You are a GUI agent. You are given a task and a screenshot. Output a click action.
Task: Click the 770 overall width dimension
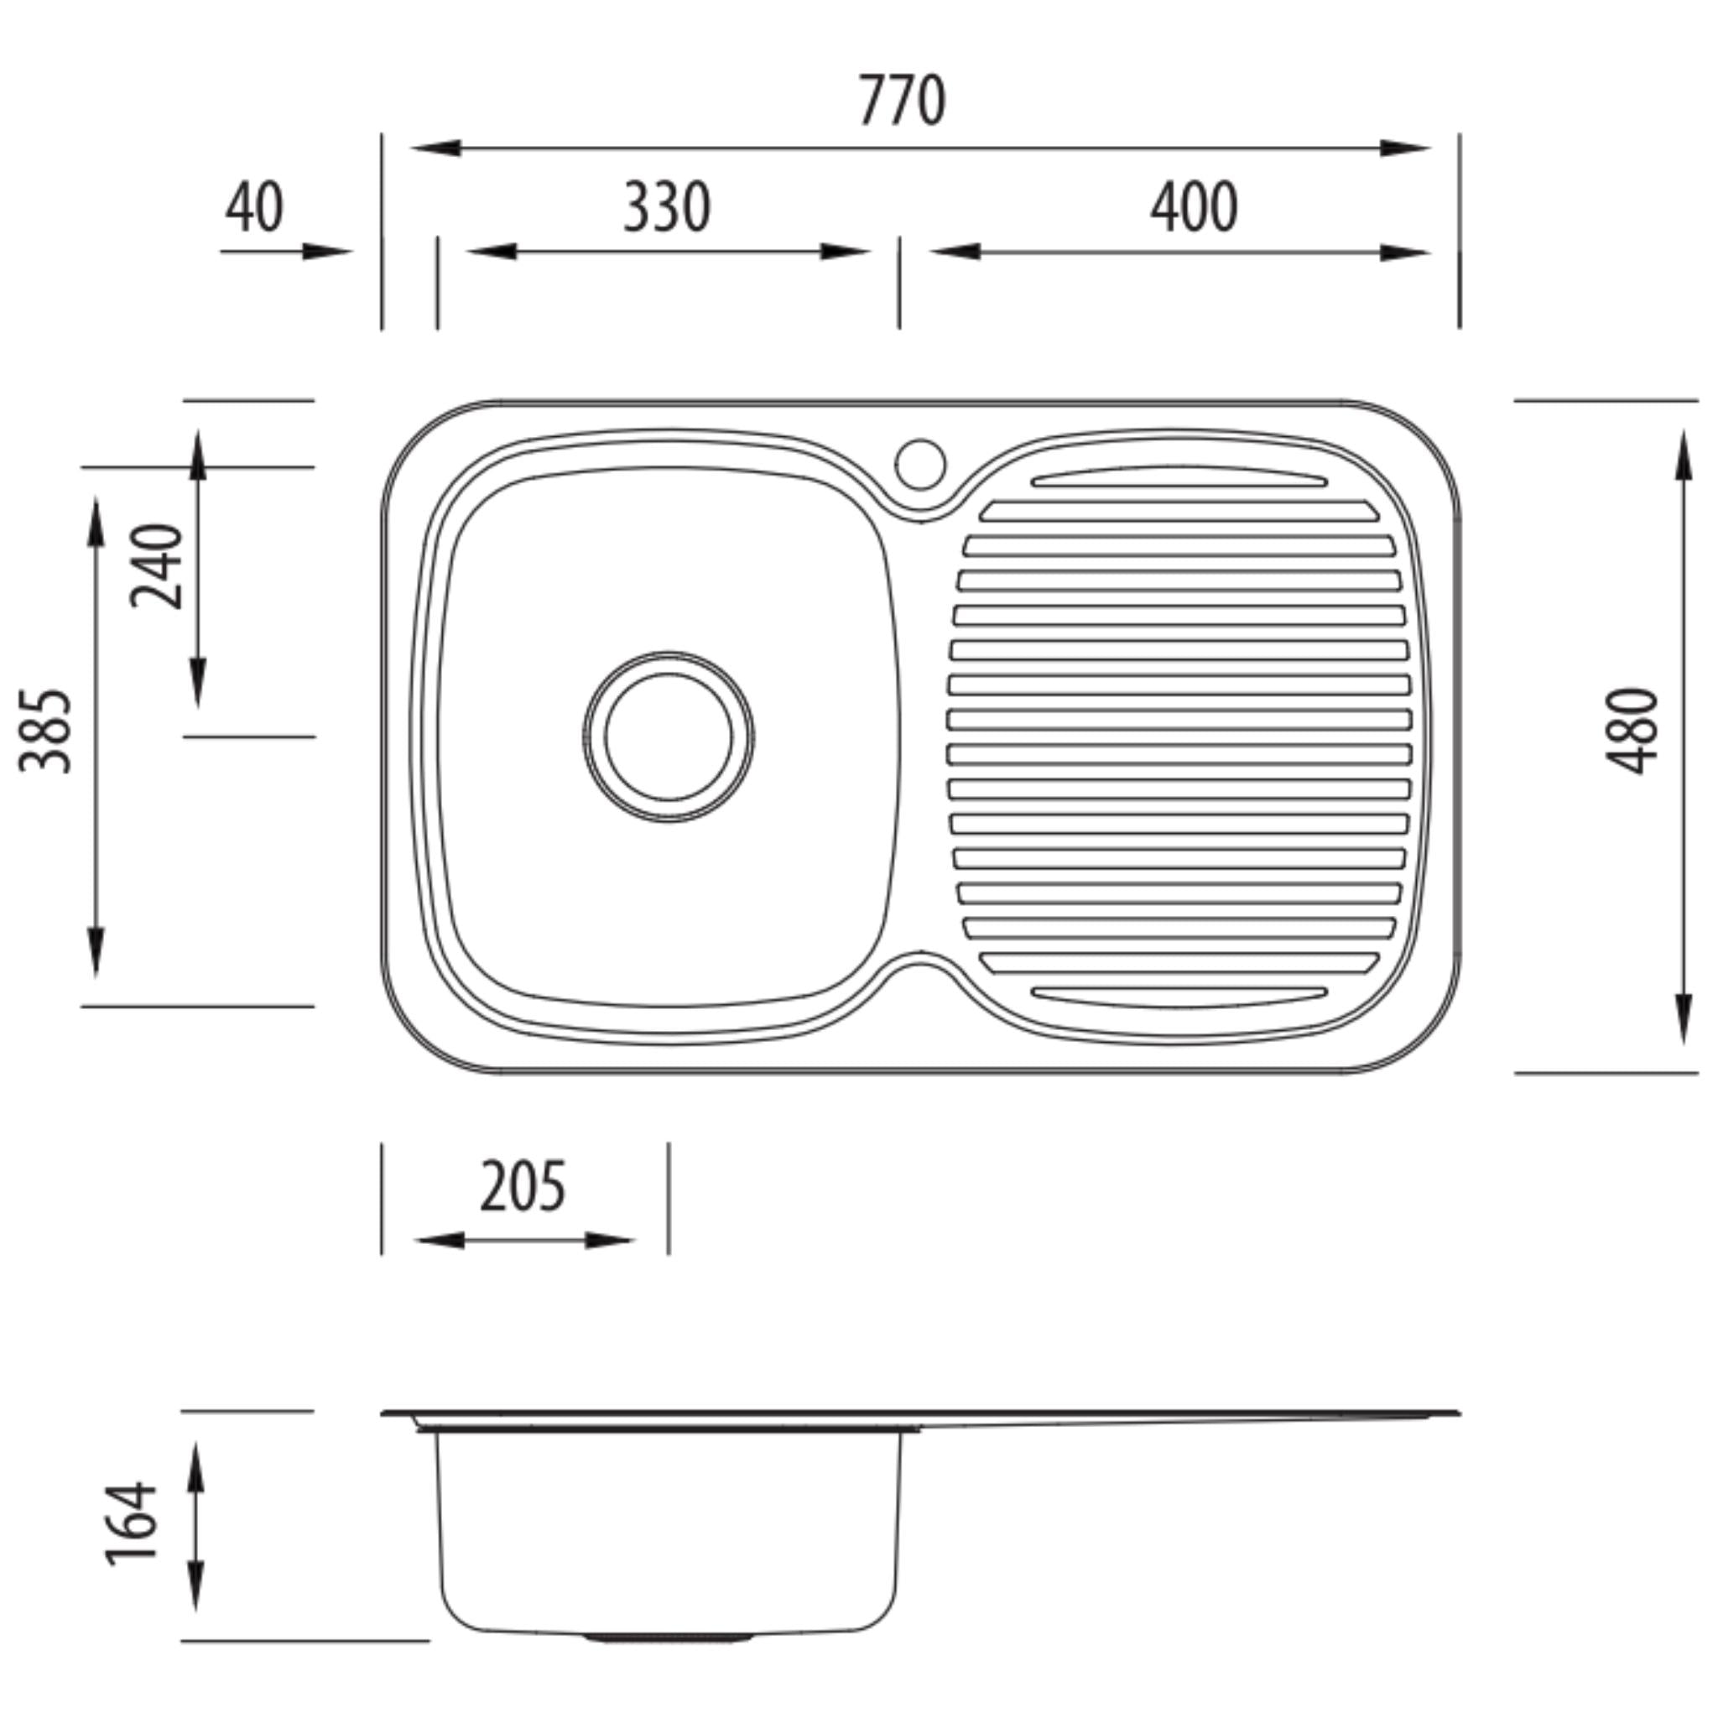pos(902,101)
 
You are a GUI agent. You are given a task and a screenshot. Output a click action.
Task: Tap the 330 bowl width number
pos(666,207)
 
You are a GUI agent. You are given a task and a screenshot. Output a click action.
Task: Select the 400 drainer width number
pos(1194,207)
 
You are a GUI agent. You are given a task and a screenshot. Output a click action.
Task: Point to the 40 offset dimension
pos(253,207)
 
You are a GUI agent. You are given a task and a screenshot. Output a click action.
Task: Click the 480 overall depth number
pos(1632,731)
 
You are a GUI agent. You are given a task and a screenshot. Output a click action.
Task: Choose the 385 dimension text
pos(45,731)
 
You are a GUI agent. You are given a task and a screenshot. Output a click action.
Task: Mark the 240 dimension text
pos(157,566)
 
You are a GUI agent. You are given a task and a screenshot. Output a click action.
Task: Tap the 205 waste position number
pos(522,1187)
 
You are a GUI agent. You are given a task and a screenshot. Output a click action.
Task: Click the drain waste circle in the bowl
pos(669,737)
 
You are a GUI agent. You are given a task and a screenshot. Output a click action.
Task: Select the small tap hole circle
pos(920,463)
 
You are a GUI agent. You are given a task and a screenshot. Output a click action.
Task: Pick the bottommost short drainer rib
pos(1179,995)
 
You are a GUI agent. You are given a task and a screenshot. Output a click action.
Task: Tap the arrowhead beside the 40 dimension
pos(327,252)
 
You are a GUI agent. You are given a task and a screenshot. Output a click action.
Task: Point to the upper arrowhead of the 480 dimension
pos(1683,456)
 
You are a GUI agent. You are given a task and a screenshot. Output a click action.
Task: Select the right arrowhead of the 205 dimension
pos(608,1241)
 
